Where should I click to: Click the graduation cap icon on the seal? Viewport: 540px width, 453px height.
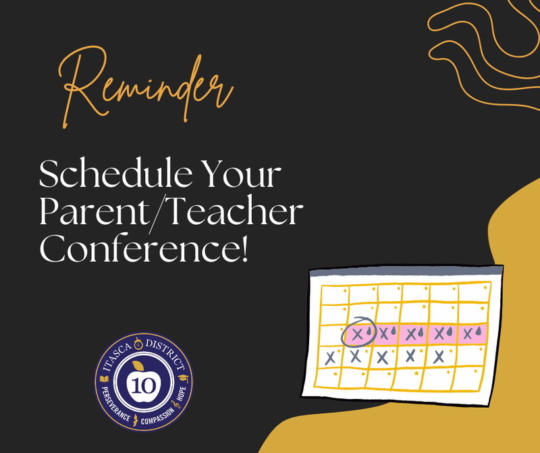pyautogui.click(x=184, y=377)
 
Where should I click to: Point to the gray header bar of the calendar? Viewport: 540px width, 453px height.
pyautogui.click(x=406, y=272)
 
